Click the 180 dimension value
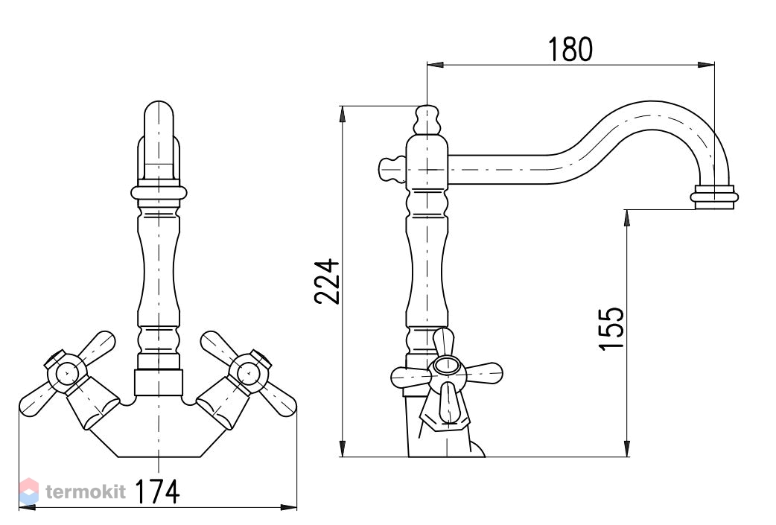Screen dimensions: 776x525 click(570, 49)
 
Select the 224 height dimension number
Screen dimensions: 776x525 click(327, 281)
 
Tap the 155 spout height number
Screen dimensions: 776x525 click(611, 329)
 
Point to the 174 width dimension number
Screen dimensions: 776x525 click(157, 491)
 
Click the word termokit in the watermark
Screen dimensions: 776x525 click(86, 491)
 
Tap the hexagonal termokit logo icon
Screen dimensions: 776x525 click(29, 491)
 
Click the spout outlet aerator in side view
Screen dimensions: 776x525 click(714, 197)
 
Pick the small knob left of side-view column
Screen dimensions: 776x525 click(392, 169)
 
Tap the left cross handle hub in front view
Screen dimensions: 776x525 click(66, 372)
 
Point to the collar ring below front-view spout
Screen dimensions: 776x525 click(159, 191)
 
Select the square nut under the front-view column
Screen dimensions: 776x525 click(159, 383)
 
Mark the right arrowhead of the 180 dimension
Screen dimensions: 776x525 click(707, 65)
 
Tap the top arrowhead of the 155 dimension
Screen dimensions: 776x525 click(627, 218)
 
